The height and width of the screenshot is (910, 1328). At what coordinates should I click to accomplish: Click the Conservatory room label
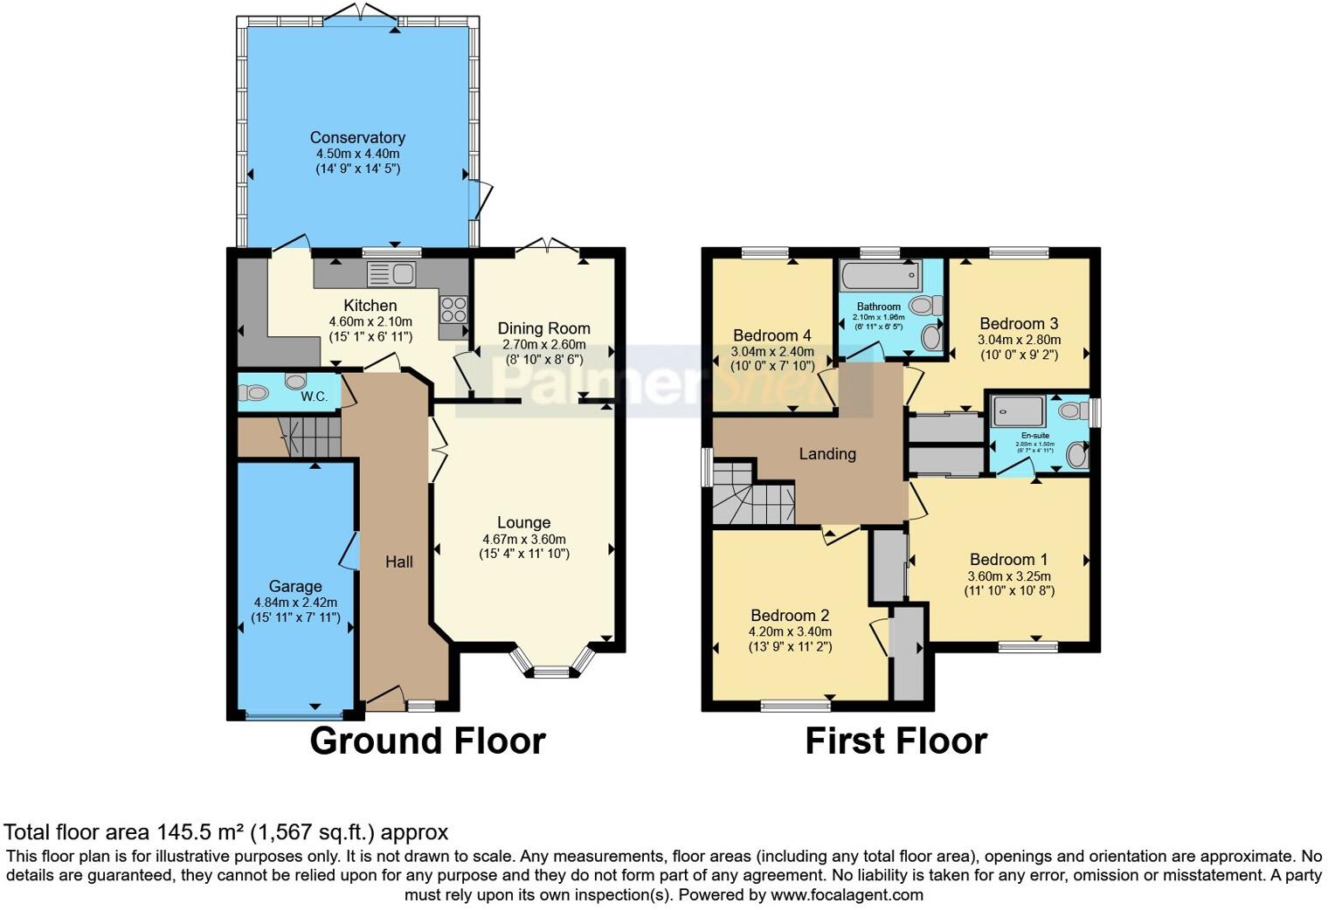(x=357, y=138)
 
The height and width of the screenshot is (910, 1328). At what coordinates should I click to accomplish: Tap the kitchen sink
(x=391, y=274)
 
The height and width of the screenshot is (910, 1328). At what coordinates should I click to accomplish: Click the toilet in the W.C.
(x=294, y=382)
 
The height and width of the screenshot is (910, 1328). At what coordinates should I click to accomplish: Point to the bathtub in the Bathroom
(x=879, y=278)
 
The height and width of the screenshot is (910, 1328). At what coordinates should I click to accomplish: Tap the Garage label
(x=295, y=587)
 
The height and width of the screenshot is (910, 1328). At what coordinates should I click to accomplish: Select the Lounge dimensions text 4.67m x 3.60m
(x=524, y=539)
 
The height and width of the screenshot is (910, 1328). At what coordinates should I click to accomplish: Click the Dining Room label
(x=543, y=328)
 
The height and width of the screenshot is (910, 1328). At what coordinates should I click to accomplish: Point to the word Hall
(x=399, y=562)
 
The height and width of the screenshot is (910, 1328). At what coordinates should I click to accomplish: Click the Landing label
(x=827, y=453)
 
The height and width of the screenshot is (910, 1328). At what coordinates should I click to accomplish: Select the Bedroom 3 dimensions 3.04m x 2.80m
(x=1019, y=340)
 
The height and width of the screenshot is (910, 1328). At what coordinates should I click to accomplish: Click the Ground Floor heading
(x=427, y=741)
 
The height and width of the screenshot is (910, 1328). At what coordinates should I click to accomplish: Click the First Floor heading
(x=896, y=741)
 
